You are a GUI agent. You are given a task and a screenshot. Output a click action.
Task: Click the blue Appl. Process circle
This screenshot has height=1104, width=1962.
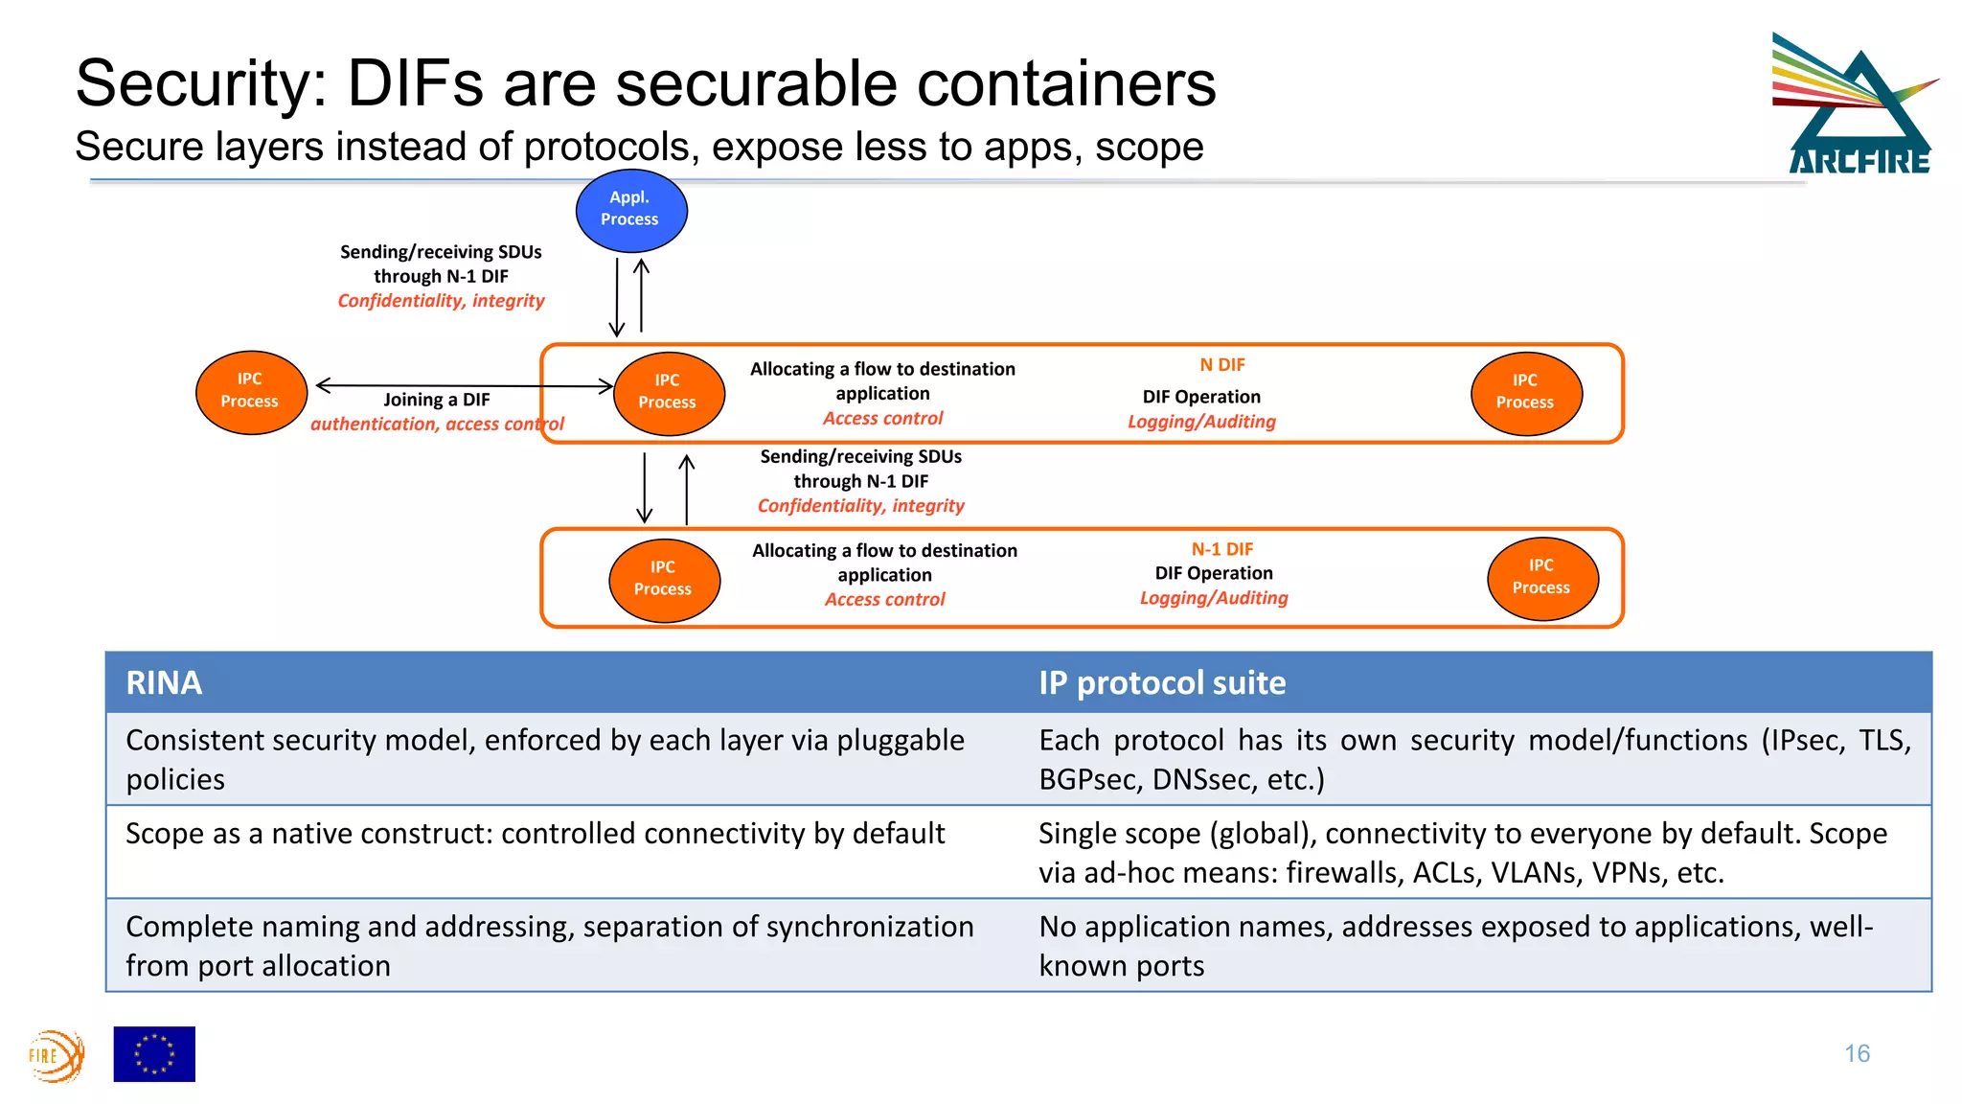630,210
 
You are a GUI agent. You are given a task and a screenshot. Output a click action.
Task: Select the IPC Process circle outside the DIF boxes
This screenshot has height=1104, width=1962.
250,392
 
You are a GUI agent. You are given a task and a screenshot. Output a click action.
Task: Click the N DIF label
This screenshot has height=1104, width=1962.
1221,365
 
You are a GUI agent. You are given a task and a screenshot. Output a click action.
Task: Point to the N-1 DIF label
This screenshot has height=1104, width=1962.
1221,549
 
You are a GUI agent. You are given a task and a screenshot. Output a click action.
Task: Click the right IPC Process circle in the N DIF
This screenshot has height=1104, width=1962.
1525,393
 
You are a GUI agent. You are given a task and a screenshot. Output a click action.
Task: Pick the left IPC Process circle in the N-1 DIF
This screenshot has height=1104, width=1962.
663,579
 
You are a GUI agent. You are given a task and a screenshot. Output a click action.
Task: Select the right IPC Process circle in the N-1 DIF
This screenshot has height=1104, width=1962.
1540,578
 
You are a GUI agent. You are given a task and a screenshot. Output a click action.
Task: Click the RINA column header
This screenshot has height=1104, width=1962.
164,683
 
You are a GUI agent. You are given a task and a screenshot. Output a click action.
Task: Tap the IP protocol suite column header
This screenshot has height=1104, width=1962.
1161,683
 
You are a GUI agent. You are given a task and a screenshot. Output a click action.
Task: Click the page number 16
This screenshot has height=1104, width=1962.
1857,1053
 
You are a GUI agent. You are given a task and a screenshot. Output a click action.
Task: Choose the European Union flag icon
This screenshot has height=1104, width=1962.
154,1053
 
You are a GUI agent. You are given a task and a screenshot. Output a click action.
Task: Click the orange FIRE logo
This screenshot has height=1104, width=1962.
56,1056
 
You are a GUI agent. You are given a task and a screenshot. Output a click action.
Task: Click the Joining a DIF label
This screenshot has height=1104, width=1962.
436,400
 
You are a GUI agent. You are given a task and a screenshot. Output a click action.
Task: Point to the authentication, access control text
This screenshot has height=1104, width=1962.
436,425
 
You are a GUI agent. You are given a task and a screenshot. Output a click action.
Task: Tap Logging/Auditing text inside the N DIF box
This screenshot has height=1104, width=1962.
1200,422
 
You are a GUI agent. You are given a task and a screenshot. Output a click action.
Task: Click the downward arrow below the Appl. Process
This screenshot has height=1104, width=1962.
617,296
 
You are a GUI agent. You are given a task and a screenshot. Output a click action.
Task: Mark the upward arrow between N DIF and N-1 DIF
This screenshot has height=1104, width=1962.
687,489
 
